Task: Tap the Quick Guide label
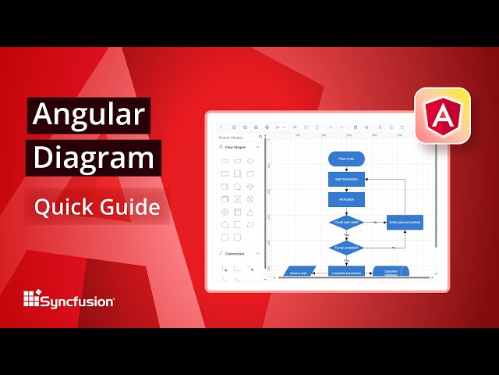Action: point(97,207)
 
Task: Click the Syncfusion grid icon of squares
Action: point(31,298)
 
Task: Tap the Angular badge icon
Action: point(442,116)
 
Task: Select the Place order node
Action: point(346,159)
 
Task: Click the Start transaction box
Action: point(346,179)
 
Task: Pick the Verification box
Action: point(346,199)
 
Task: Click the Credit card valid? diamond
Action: point(346,222)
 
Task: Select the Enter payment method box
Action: point(405,222)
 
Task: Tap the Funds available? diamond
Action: point(346,248)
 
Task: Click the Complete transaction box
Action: point(346,273)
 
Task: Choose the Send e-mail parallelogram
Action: point(300,273)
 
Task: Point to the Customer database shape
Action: point(391,272)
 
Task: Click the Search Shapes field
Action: point(238,137)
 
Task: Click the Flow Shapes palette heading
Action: point(238,147)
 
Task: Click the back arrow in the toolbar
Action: point(221,127)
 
